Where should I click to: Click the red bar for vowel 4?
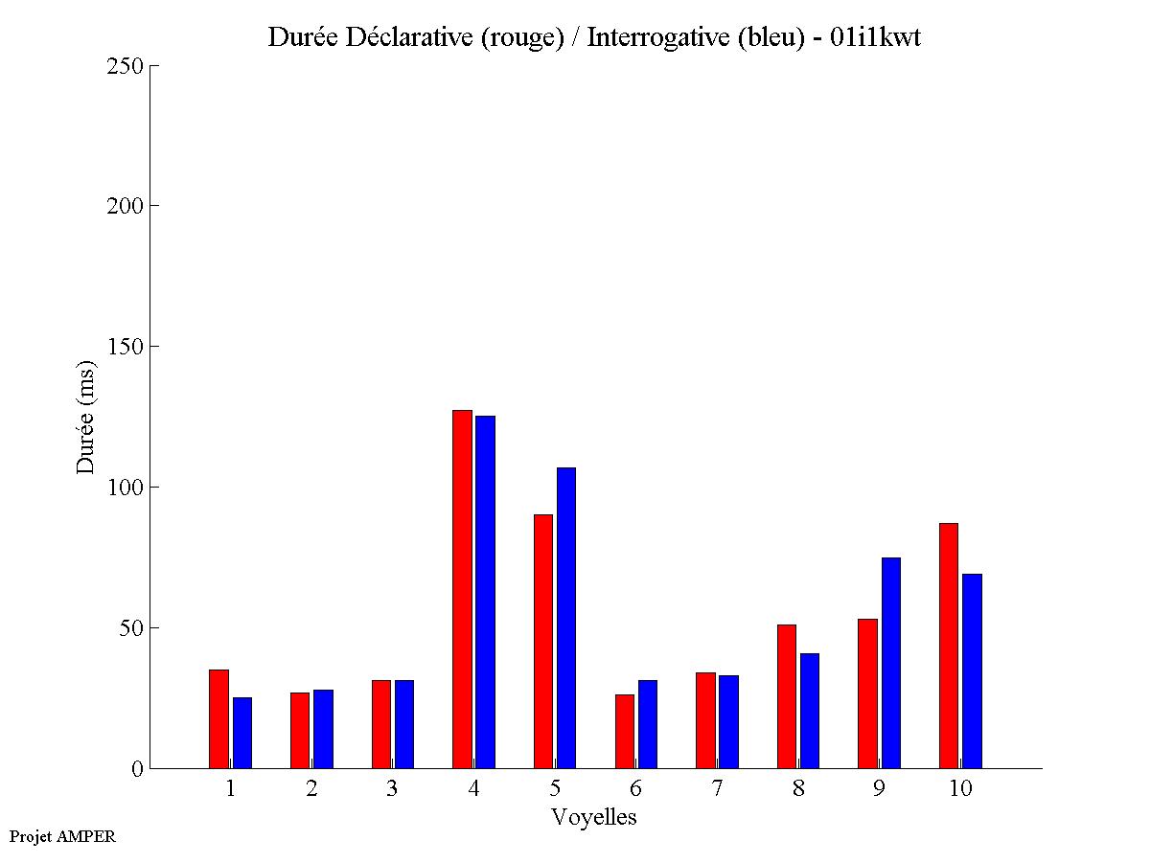click(x=463, y=589)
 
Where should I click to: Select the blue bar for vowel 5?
click(x=566, y=618)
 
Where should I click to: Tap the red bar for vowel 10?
click(x=949, y=646)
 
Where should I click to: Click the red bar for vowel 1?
click(x=219, y=718)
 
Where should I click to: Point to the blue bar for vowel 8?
click(x=810, y=711)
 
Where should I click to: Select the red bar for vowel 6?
click(x=625, y=731)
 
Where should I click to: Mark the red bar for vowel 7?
click(x=705, y=720)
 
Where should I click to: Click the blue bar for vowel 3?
click(x=404, y=724)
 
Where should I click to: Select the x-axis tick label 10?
click(x=960, y=789)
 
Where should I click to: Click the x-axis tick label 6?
click(x=636, y=789)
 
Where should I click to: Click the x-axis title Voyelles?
click(x=594, y=818)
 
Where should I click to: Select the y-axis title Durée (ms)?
click(x=86, y=417)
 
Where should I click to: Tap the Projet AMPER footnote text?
click(x=62, y=837)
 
